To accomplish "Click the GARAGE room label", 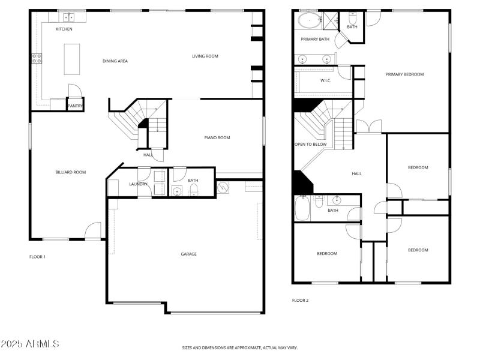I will tap(189, 254).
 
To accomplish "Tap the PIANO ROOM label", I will tap(217, 138).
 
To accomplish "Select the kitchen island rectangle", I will tap(73, 59).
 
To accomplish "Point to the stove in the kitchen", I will tap(37, 59).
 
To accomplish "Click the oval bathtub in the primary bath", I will tap(309, 22).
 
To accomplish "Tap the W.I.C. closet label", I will tap(326, 80).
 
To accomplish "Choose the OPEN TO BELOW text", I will tap(310, 145).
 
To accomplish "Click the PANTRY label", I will tap(75, 106).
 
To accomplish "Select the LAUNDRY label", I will tap(138, 184).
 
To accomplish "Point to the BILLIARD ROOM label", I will tap(71, 172).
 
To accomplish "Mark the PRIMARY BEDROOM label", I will tap(404, 74).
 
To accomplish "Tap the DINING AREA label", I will tap(115, 61).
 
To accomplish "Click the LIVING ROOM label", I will tap(205, 56).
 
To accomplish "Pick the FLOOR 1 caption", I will tap(37, 257).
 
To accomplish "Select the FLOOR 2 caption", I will tap(300, 300).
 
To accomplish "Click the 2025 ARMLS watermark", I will tap(30, 344).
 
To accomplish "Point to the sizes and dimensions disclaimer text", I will tap(240, 347).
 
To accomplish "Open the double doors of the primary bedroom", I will tap(368, 127).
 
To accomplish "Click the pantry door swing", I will tap(74, 92).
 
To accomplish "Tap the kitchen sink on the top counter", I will tap(70, 17).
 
